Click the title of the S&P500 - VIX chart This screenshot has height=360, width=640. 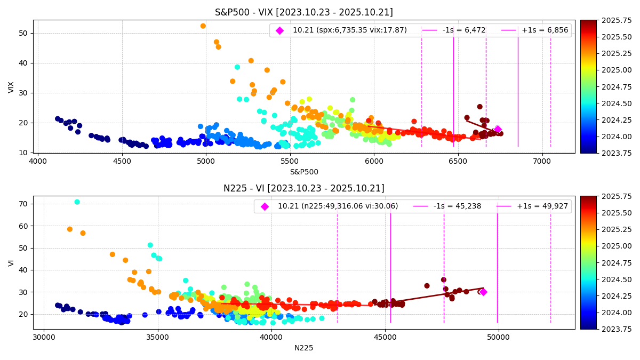tap(303, 12)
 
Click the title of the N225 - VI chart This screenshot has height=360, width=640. tap(303, 188)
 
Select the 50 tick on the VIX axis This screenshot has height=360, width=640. tap(23, 33)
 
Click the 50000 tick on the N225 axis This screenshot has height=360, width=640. tap(498, 338)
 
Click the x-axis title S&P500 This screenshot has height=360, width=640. tap(303, 172)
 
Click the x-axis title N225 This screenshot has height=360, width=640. tap(303, 348)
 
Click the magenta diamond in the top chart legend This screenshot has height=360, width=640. tap(279, 30)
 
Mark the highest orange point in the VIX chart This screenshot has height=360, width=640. tap(203, 26)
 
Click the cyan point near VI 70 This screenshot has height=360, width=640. tap(77, 202)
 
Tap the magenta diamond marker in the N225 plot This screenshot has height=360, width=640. tap(483, 292)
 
